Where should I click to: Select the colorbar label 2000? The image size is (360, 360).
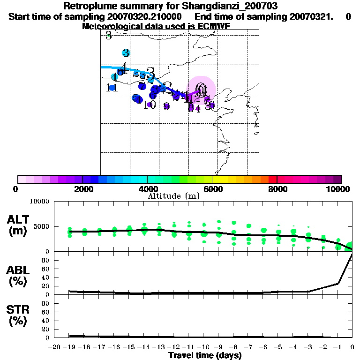(x=82, y=189)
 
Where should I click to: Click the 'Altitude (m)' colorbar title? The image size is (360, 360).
(x=173, y=196)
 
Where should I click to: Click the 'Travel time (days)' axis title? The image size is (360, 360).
(x=205, y=355)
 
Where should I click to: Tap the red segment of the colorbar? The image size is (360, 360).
(x=272, y=179)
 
